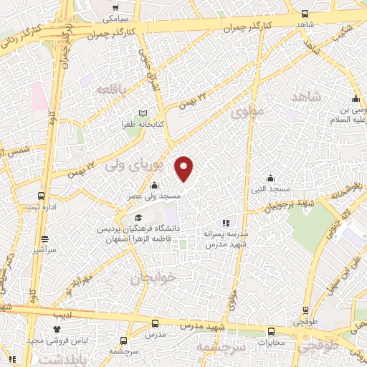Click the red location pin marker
[184, 168]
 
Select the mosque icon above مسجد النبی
[270, 178]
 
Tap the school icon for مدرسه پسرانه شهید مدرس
[226, 223]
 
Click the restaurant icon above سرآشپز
[45, 239]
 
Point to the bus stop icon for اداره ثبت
[41, 196]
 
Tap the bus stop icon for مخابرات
[271, 331]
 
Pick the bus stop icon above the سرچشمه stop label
[125, 341]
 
